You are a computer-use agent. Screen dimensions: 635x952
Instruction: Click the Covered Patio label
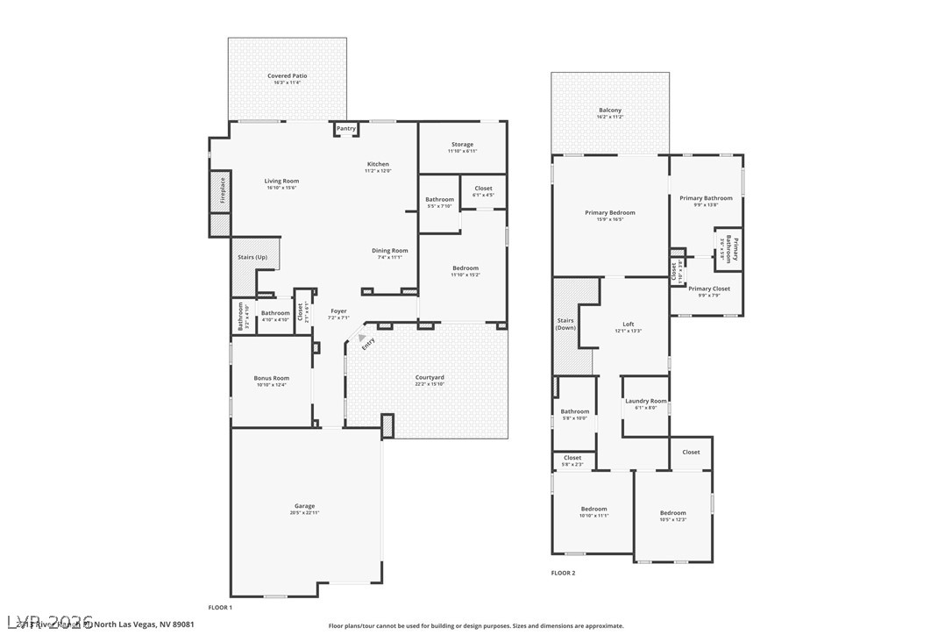point(287,76)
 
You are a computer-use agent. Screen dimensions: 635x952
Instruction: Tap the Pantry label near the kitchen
point(346,129)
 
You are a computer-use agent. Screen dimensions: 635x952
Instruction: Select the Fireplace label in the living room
point(223,190)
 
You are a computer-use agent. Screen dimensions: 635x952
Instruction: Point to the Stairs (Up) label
point(252,257)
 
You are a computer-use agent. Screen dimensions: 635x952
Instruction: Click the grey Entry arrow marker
point(360,336)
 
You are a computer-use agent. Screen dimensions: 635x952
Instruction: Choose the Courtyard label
point(429,377)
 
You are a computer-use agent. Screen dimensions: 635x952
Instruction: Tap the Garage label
point(304,506)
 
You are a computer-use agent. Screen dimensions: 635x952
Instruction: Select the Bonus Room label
point(272,378)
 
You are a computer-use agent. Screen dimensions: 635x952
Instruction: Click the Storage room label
point(462,144)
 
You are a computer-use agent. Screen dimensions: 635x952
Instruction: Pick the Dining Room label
point(389,250)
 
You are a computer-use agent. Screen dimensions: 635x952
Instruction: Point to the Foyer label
point(338,311)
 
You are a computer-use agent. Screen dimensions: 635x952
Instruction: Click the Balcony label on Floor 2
point(609,111)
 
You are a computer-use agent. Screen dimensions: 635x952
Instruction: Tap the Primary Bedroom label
point(610,212)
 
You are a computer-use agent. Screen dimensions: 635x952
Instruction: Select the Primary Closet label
point(708,289)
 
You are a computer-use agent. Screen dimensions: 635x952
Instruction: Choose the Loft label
point(628,324)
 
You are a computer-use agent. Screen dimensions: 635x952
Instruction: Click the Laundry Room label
point(645,401)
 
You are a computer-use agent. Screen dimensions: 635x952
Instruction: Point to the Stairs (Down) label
point(566,324)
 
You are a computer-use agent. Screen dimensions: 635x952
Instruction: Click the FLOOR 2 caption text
point(563,573)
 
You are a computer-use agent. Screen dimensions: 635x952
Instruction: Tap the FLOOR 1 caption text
point(220,607)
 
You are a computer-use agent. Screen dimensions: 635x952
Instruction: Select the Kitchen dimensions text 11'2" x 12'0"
point(378,171)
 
